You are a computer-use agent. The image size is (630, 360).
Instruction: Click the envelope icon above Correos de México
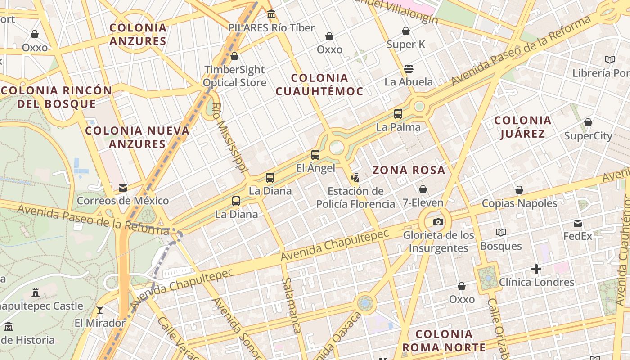tap(122, 188)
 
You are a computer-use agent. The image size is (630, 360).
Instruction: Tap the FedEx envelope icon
tap(578, 223)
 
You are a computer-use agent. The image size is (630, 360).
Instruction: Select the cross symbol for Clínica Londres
tap(536, 270)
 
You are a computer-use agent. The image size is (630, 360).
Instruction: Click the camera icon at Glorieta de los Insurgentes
tap(438, 222)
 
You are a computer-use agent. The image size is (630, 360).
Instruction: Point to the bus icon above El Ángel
tap(315, 155)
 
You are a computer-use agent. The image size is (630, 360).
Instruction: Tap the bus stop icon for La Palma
tap(398, 114)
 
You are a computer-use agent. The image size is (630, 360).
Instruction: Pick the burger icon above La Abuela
tap(409, 69)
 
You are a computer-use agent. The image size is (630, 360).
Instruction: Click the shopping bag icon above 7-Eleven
tap(423, 190)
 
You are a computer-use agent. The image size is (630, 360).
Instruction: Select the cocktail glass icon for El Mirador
tap(100, 310)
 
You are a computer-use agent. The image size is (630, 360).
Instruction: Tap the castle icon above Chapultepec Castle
tap(36, 292)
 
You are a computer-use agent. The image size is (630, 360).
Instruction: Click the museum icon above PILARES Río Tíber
tap(271, 15)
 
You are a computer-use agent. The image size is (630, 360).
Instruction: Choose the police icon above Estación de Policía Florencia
tap(355, 178)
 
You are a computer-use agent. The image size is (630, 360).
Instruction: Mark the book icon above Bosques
tap(500, 233)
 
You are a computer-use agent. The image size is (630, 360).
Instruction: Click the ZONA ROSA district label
tap(409, 170)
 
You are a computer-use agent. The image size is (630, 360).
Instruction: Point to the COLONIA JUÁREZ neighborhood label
tap(522, 127)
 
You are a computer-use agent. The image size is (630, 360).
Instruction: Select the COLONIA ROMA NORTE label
tap(444, 341)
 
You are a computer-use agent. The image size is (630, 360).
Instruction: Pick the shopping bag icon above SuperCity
tap(588, 123)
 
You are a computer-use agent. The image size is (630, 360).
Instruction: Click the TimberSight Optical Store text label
tap(234, 76)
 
